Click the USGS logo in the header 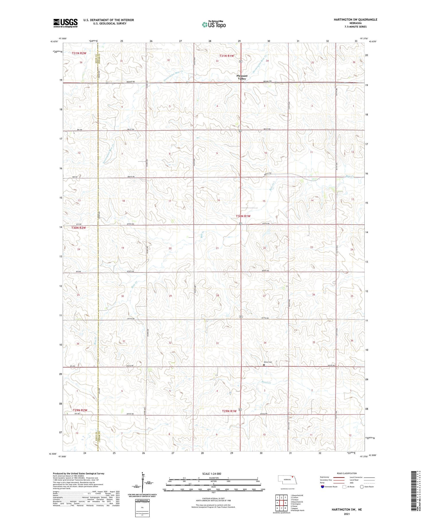click(x=65, y=23)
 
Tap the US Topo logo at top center click(x=214, y=24)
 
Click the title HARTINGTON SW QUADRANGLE click(x=355, y=20)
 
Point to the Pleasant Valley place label click(x=242, y=77)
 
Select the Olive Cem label click(x=267, y=362)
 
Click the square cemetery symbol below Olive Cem click(x=264, y=365)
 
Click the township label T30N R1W click(x=243, y=216)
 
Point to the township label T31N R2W click(x=79, y=53)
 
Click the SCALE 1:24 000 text click(x=213, y=474)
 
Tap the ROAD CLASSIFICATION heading click(x=347, y=473)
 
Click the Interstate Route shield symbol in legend click(x=322, y=487)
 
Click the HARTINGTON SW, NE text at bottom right click(x=347, y=509)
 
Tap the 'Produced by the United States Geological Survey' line click(x=78, y=474)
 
